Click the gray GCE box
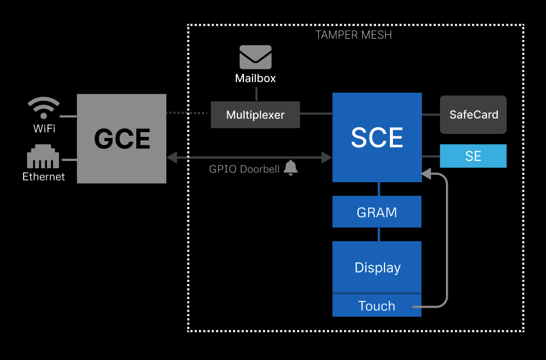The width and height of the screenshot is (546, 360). point(121,138)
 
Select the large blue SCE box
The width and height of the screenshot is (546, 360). point(377,137)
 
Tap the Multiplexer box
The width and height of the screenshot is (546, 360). point(255,115)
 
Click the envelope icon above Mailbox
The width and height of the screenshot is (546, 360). point(256,57)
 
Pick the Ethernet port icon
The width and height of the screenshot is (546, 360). point(43,157)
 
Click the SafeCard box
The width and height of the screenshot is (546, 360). point(473,115)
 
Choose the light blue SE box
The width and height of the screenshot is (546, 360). point(473,156)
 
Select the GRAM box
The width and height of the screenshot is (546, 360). point(377,212)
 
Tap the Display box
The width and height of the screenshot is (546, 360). point(377,267)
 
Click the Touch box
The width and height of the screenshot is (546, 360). point(377,306)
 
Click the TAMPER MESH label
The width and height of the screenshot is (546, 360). point(354,35)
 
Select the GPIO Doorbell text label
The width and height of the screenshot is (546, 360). point(244,169)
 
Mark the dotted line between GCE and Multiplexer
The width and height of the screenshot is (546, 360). point(188,113)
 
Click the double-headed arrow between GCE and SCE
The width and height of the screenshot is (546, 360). point(249,157)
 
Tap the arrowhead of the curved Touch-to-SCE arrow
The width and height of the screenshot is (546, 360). point(427,174)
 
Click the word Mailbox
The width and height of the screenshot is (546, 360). point(256,78)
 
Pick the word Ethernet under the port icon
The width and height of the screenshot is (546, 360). point(43,177)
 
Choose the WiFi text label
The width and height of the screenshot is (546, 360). point(43,128)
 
